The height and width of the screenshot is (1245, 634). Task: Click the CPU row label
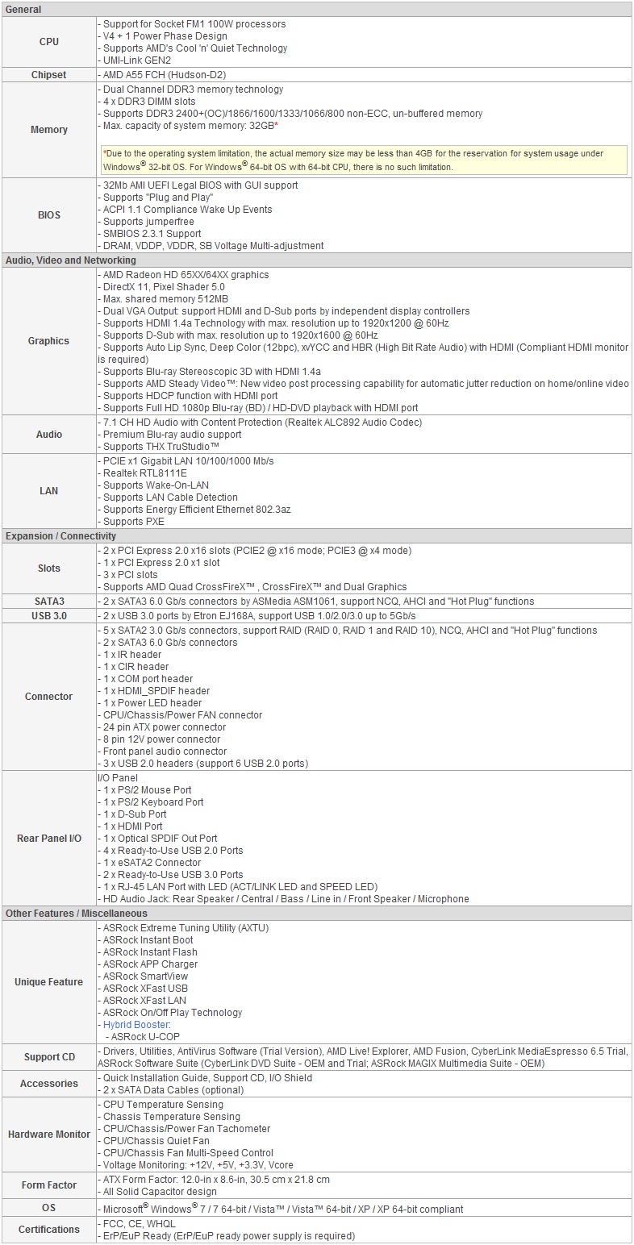(x=48, y=42)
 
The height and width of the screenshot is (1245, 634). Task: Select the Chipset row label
(x=48, y=75)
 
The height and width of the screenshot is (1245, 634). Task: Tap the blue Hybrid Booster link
(x=136, y=1025)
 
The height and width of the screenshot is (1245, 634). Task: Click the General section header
(x=24, y=10)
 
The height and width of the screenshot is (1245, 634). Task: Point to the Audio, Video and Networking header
(x=71, y=260)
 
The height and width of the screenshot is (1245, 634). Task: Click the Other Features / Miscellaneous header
(x=77, y=914)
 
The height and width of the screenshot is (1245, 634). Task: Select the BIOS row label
(x=48, y=215)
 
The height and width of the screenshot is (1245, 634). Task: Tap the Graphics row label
(x=48, y=341)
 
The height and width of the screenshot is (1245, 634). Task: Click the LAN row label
(x=48, y=491)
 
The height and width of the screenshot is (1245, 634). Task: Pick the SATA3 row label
(x=48, y=602)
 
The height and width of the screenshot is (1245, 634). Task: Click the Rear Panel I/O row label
(x=48, y=839)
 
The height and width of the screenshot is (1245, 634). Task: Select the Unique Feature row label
(x=48, y=982)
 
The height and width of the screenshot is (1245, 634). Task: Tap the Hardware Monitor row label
(x=48, y=1135)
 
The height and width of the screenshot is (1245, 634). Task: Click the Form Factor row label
(x=48, y=1185)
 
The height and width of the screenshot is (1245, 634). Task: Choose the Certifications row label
(x=48, y=1230)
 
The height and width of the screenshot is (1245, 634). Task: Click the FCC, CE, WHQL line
(x=140, y=1224)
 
